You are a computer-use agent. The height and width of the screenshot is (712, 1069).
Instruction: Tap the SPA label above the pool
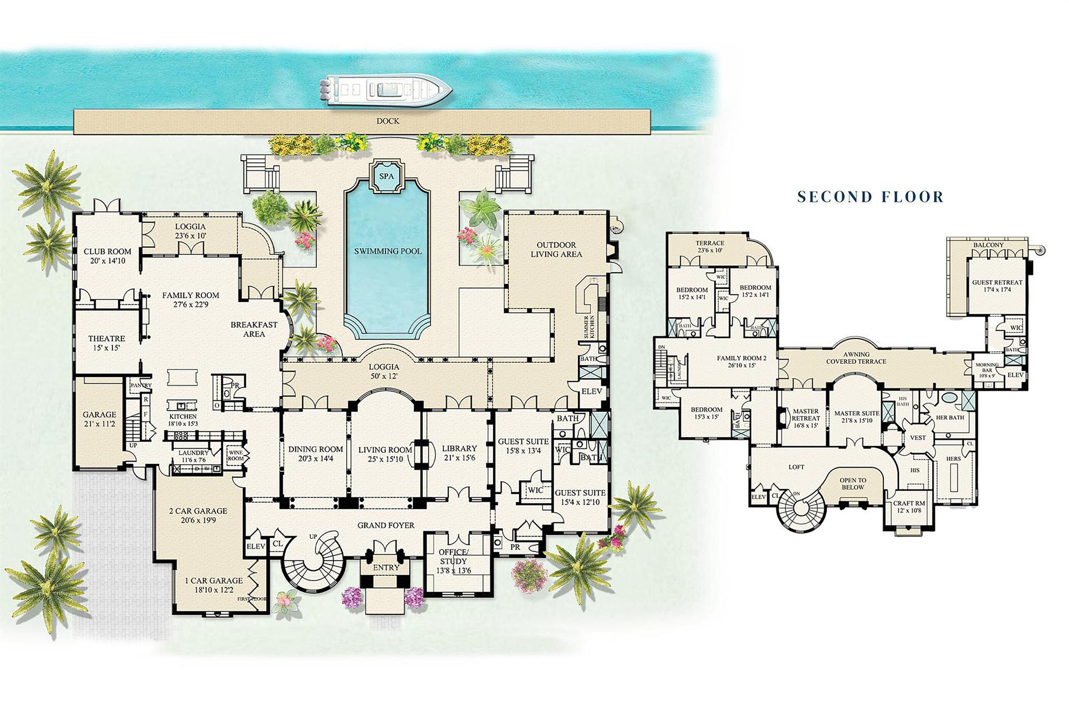[x=386, y=176]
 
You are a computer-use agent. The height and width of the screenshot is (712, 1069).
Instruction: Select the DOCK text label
[x=388, y=121]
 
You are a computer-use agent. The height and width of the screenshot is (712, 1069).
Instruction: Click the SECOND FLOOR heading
[x=870, y=197]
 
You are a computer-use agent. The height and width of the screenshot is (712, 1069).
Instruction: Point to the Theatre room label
[x=106, y=343]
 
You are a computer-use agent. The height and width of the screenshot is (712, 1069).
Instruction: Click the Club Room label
[x=108, y=256]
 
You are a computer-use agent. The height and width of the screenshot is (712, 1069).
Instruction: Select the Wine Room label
[x=236, y=455]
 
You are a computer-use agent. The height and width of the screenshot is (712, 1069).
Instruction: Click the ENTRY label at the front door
[x=386, y=567]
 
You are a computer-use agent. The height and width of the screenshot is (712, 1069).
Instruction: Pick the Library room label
[x=459, y=453]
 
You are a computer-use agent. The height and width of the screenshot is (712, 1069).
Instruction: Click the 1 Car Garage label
[x=213, y=585]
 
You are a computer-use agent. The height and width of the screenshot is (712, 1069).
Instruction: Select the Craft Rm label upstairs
[x=909, y=507]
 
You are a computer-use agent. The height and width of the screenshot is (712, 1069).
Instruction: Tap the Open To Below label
[x=852, y=484]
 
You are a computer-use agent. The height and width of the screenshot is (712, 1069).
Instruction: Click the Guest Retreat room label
[x=997, y=286]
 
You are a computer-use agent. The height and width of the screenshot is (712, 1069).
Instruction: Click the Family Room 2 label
[x=741, y=361]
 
